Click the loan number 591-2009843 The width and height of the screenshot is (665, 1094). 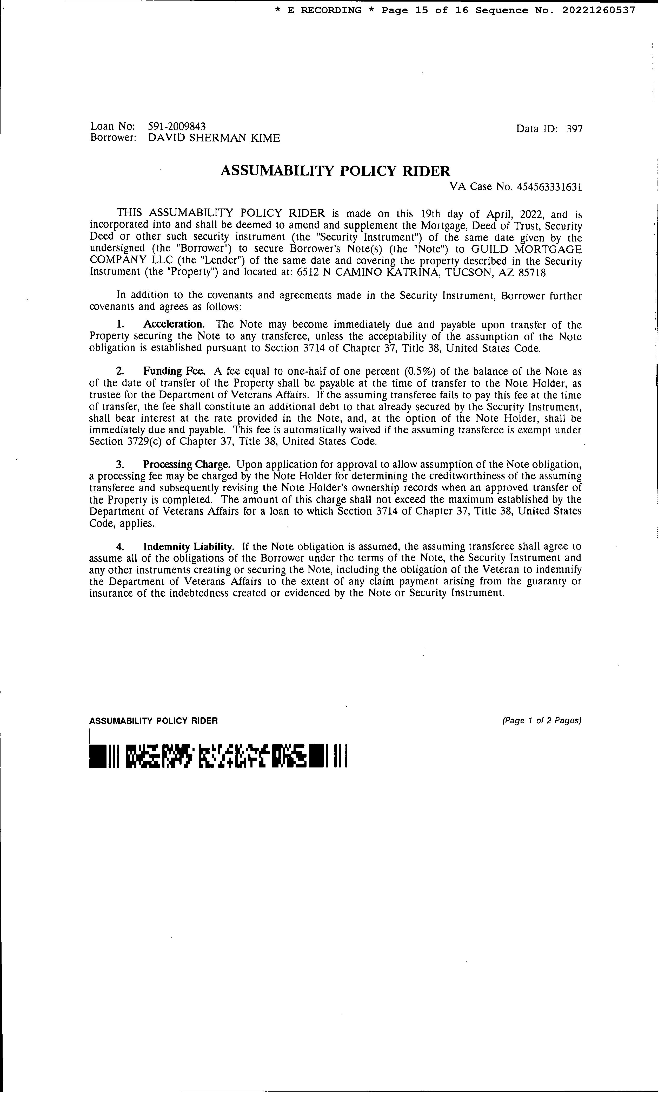(x=177, y=127)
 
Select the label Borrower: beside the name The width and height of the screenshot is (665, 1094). (x=113, y=138)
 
